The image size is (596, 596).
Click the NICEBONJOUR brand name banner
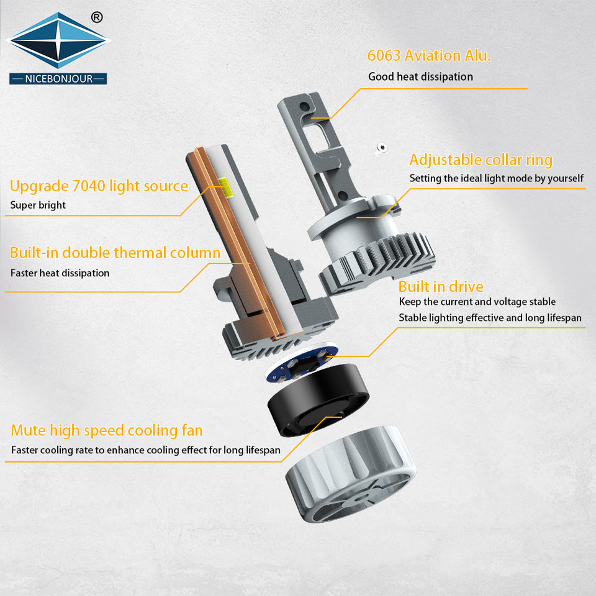(x=58, y=79)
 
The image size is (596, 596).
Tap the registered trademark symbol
(x=97, y=17)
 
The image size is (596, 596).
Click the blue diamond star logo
(x=58, y=40)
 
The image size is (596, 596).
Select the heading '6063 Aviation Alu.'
(x=429, y=55)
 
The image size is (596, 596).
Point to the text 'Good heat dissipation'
(x=420, y=77)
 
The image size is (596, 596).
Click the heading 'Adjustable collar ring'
(x=481, y=160)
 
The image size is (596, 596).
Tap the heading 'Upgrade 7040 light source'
(x=99, y=186)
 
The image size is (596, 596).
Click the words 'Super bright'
(x=38, y=205)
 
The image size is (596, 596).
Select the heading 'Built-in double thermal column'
(x=115, y=253)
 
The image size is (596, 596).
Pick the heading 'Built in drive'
(x=441, y=287)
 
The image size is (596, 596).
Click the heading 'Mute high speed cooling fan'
(x=107, y=431)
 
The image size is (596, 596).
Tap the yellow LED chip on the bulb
(x=223, y=184)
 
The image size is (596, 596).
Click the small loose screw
(x=381, y=148)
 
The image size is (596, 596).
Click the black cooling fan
(x=318, y=400)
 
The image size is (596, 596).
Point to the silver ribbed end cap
(x=350, y=474)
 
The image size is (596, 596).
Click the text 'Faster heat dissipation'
(x=60, y=273)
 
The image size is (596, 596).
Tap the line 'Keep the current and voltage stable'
(x=477, y=302)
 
